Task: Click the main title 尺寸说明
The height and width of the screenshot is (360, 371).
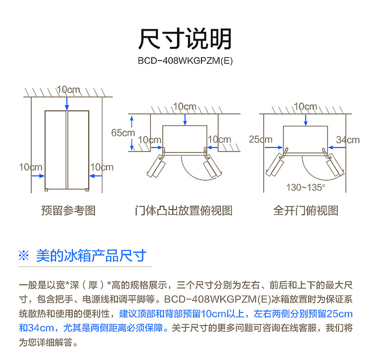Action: pyautogui.click(x=185, y=39)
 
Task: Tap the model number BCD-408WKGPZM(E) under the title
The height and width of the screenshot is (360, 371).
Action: pyautogui.click(x=185, y=61)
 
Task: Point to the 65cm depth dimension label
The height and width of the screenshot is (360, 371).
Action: pyautogui.click(x=123, y=133)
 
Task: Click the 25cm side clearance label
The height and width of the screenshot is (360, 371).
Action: pyautogui.click(x=261, y=139)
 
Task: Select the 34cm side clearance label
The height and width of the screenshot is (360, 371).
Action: pyautogui.click(x=348, y=140)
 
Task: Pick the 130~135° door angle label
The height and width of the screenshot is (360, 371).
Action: pyautogui.click(x=306, y=188)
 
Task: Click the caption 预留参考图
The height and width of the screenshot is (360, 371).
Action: pyautogui.click(x=68, y=210)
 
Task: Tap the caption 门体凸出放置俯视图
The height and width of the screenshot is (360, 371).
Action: pyautogui.click(x=184, y=210)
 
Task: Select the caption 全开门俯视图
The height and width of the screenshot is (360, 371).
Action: pyautogui.click(x=306, y=210)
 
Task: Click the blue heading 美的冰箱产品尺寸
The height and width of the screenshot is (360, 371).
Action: pyautogui.click(x=91, y=256)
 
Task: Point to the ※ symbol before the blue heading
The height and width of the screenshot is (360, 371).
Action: pyautogui.click(x=24, y=256)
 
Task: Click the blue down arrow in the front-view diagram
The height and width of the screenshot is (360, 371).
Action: pyautogui.click(x=67, y=103)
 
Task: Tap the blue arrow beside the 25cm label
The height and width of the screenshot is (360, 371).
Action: pyautogui.click(x=274, y=148)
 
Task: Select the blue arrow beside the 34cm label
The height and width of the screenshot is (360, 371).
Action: pyautogui.click(x=337, y=148)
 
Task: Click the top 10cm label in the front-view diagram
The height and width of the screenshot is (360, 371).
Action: pyautogui.click(x=68, y=90)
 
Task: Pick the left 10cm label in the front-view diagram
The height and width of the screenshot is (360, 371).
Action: pyautogui.click(x=31, y=167)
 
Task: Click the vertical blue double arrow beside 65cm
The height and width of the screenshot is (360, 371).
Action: pyautogui.click(x=132, y=133)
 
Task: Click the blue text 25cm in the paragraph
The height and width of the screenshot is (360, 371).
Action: pyautogui.click(x=339, y=314)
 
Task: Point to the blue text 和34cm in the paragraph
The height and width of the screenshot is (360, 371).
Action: pyautogui.click(x=37, y=328)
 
